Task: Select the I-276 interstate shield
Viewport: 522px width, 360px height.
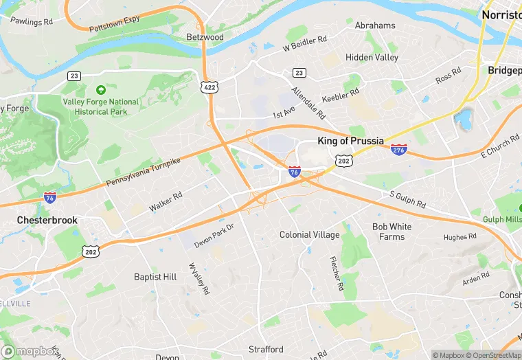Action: [x=398, y=150]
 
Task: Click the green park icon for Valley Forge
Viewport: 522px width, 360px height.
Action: [x=101, y=90]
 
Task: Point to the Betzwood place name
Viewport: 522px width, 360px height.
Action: [x=205, y=36]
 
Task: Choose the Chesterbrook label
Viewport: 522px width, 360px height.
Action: [x=47, y=221]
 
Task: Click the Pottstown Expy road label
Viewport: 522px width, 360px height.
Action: [x=114, y=23]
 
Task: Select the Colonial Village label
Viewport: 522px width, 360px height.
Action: [x=309, y=235]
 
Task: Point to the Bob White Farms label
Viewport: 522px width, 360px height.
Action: [x=392, y=232]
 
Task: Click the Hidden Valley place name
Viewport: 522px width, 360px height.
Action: [x=372, y=58]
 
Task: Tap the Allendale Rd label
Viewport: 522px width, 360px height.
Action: [x=308, y=101]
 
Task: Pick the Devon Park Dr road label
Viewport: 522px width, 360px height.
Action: [x=214, y=236]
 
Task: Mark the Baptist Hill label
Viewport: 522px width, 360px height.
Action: [x=155, y=277]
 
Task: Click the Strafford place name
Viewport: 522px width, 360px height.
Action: [x=266, y=350]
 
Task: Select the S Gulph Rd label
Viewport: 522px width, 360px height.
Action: [x=407, y=200]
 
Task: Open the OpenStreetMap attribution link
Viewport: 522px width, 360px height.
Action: [x=491, y=355]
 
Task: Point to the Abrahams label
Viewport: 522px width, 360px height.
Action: [x=375, y=25]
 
